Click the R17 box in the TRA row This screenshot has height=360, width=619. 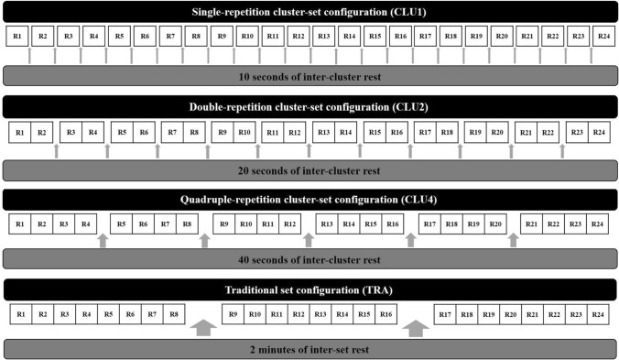pos(446,315)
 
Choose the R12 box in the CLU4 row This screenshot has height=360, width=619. pos(288,224)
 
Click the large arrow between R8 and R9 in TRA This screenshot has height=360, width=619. pos(202,326)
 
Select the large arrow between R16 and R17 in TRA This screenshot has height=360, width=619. pos(416,326)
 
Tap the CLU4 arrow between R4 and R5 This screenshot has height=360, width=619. pos(102,239)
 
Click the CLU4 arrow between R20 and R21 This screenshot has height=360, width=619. pos(514,239)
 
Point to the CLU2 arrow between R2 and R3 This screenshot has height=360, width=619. pos(58,150)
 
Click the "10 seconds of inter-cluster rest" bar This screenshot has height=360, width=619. pos(309,76)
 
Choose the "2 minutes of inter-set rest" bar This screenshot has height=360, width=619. pos(309,348)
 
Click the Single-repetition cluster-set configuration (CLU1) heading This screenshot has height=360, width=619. pos(309,12)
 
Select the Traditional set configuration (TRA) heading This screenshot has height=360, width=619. pos(309,290)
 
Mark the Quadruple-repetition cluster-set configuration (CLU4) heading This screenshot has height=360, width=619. pos(309,199)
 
